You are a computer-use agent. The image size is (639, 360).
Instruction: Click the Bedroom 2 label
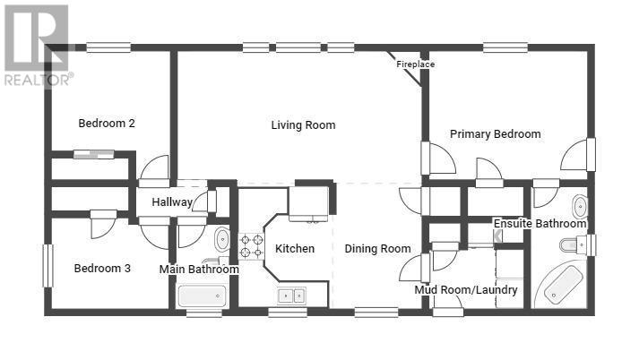tap(107, 124)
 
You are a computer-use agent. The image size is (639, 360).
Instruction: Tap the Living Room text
tap(303, 125)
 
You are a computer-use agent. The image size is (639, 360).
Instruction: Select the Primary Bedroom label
tap(495, 134)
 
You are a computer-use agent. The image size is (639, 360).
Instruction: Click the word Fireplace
tap(415, 64)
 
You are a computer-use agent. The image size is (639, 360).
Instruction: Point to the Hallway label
tap(171, 202)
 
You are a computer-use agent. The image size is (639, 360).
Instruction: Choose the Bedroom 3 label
tap(102, 268)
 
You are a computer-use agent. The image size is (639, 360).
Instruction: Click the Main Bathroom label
tap(199, 270)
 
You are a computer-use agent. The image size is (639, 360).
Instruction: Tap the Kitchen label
tap(295, 248)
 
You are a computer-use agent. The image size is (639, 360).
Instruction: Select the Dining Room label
tap(377, 248)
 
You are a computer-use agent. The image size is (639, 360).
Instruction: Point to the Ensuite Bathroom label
tap(540, 224)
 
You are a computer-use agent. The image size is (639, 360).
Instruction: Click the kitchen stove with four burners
tap(251, 245)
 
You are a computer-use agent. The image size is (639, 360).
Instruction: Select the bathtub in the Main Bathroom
tap(202, 296)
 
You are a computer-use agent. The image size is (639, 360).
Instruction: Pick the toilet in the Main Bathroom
tap(221, 239)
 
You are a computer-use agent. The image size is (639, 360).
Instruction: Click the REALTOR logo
tap(37, 45)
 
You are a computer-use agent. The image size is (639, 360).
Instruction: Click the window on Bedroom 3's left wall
tap(47, 266)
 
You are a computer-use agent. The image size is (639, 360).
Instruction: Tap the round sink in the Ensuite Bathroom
tap(579, 204)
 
